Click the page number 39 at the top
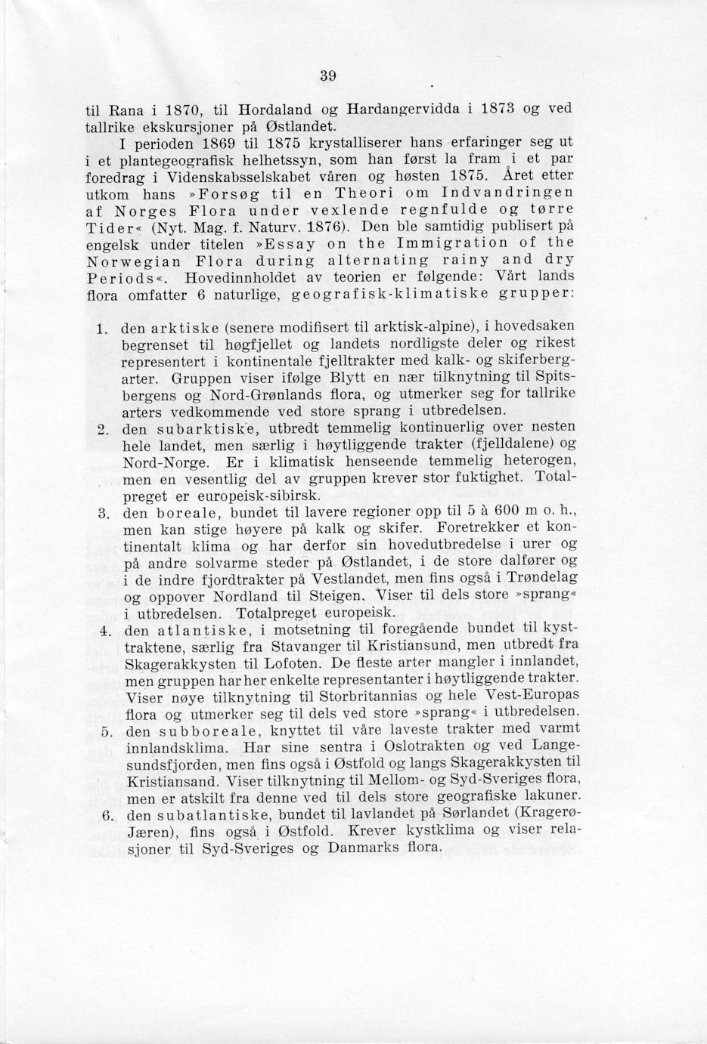click(327, 76)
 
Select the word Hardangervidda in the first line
click(402, 108)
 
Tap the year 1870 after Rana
click(171, 108)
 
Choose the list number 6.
click(107, 815)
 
